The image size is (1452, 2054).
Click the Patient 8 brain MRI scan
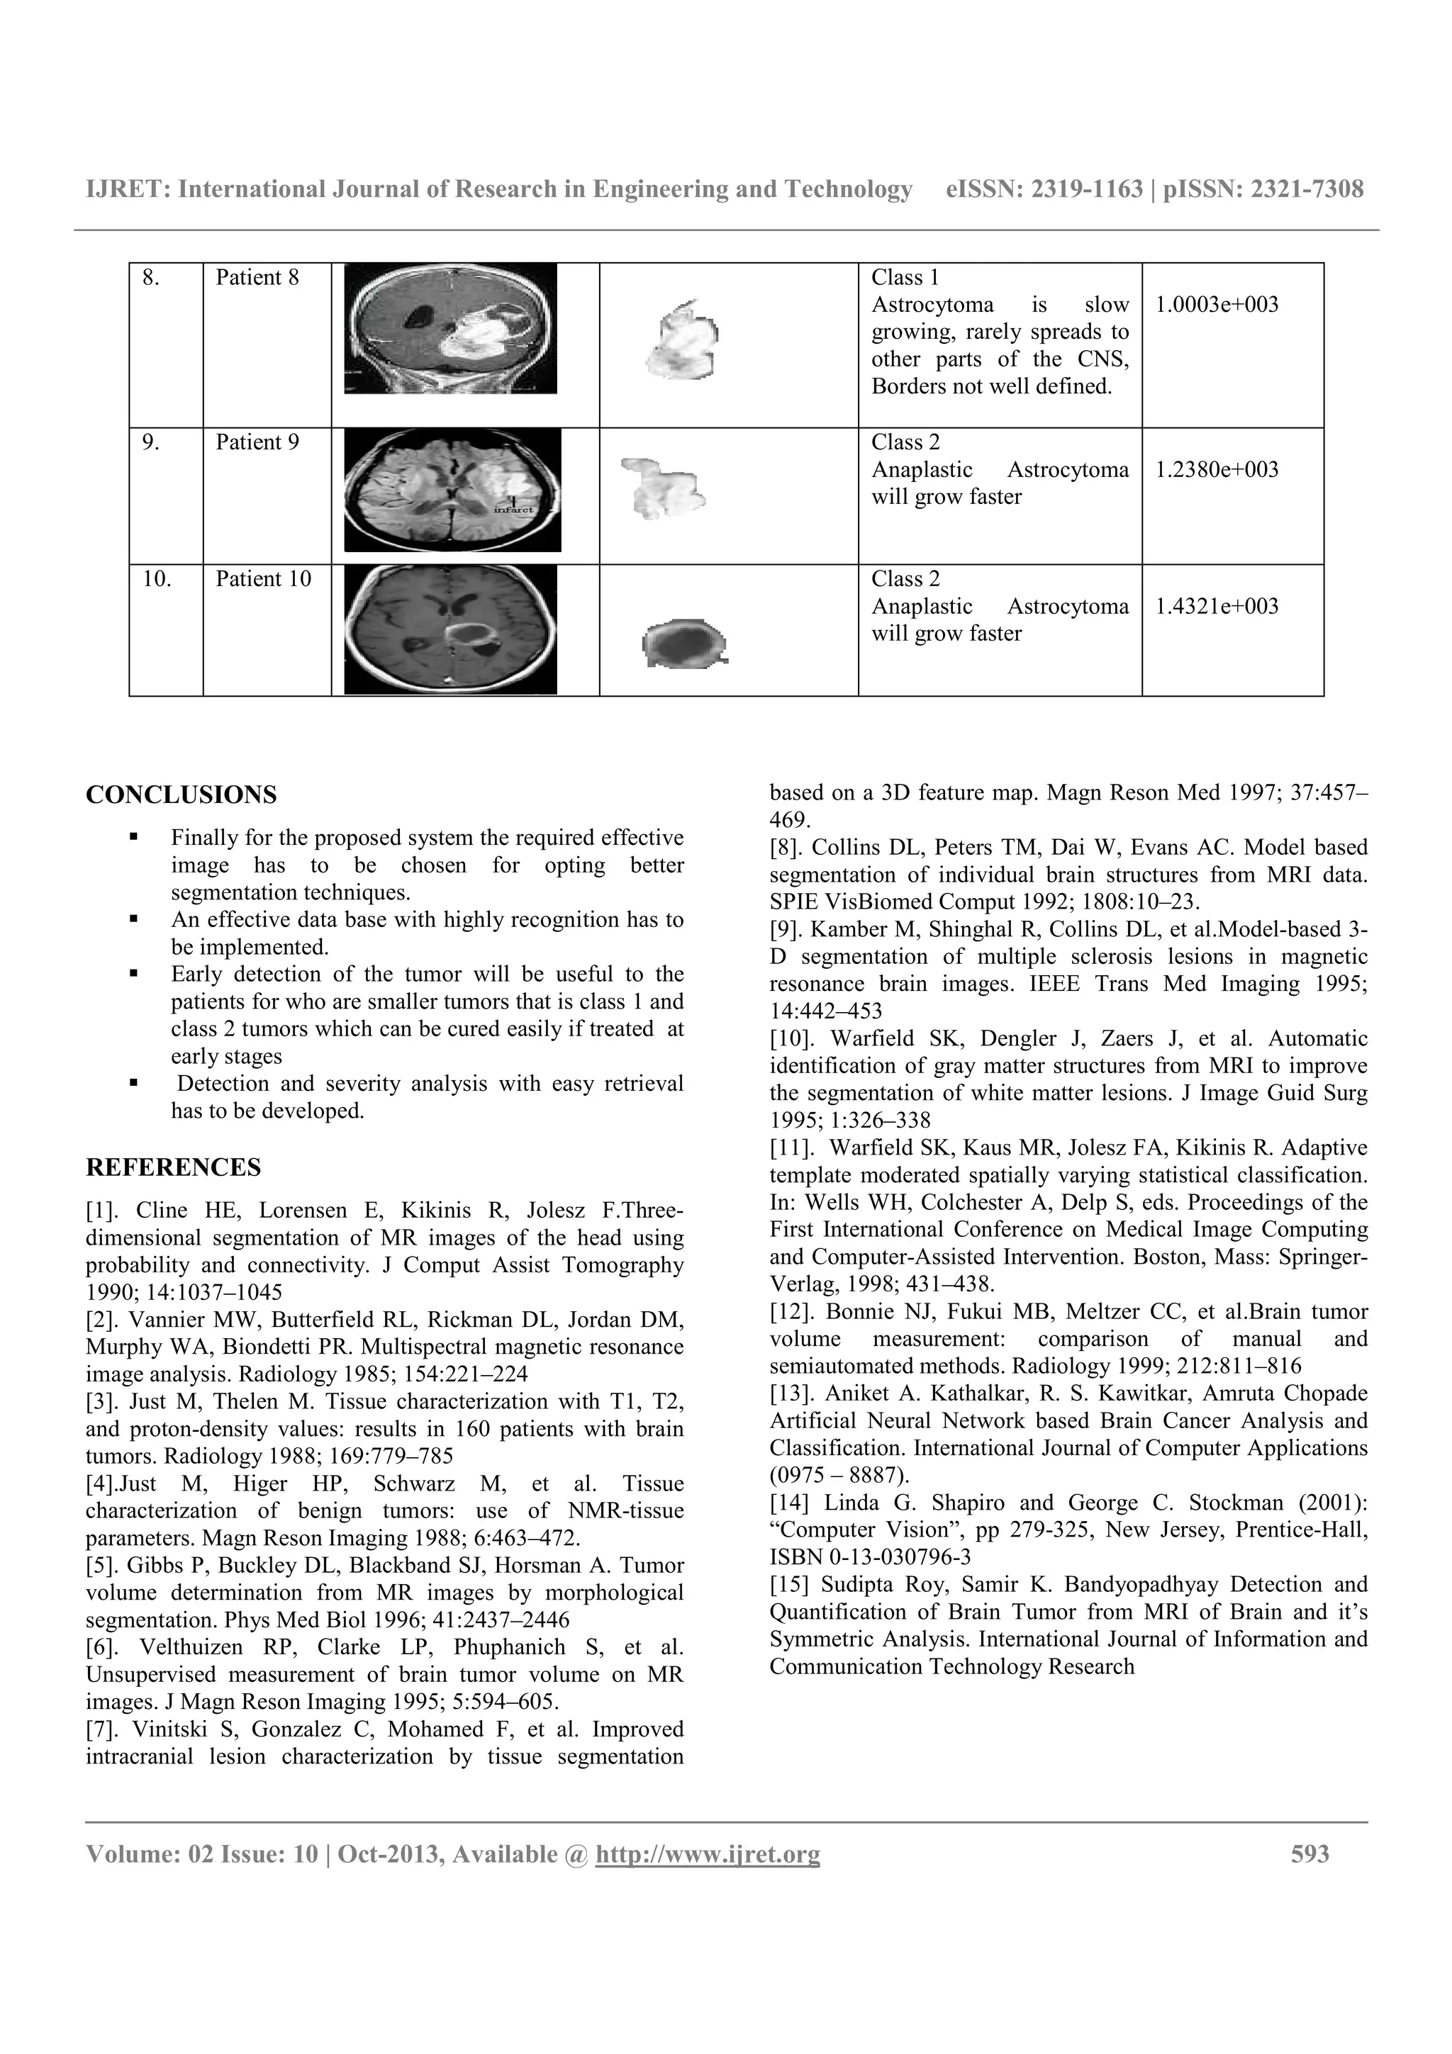point(450,328)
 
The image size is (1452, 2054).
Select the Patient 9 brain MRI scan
point(453,489)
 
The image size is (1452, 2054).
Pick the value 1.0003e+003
point(1217,305)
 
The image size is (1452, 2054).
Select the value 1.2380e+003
point(1217,470)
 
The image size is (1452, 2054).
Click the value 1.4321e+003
point(1217,607)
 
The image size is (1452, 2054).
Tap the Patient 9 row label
point(257,443)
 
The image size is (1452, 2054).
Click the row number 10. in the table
point(157,580)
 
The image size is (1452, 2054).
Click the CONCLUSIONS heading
point(181,795)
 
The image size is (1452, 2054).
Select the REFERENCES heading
point(174,1167)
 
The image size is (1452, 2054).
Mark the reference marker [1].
point(104,1211)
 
